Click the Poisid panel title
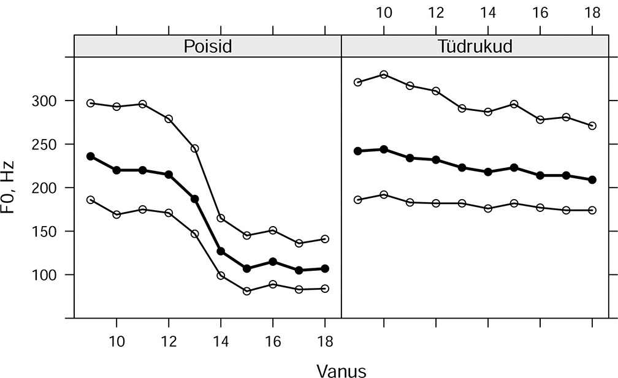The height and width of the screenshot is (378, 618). [x=208, y=47]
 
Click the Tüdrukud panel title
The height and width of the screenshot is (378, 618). [x=475, y=47]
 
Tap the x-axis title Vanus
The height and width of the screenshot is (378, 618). [x=341, y=371]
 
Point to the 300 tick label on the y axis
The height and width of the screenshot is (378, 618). [x=44, y=100]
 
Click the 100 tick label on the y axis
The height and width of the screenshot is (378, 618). [x=44, y=275]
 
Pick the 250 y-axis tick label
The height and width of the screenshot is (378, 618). [x=44, y=144]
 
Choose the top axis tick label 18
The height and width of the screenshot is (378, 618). [x=592, y=12]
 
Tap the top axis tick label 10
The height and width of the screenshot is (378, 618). [x=384, y=12]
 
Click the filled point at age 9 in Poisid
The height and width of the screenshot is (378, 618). [x=91, y=156]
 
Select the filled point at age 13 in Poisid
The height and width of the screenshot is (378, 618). [x=195, y=199]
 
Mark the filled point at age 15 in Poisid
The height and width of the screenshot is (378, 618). [x=247, y=268]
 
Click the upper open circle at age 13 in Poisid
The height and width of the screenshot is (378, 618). [x=195, y=148]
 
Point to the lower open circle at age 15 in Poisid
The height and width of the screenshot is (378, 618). [x=247, y=291]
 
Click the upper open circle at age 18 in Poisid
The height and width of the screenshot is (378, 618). [x=326, y=239]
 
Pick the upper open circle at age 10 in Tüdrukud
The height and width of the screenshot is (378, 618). [x=384, y=74]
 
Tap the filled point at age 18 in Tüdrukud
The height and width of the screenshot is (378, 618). [x=592, y=180]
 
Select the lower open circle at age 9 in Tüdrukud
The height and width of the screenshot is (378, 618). [x=358, y=200]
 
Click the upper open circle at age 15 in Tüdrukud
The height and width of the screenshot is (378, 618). [x=514, y=104]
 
